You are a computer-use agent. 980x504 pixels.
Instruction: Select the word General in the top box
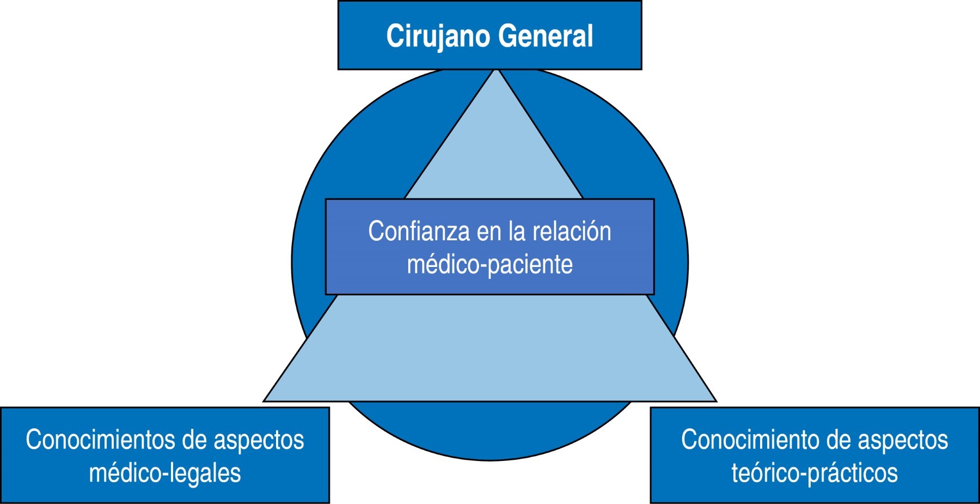546,37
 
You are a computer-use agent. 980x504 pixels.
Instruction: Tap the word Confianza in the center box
419,232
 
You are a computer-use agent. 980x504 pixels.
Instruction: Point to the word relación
572,232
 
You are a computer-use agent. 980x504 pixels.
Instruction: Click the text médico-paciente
489,265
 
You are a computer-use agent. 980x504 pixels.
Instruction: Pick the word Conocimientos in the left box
100,440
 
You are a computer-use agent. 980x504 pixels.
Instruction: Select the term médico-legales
165,473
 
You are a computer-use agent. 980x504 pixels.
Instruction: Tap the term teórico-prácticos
814,473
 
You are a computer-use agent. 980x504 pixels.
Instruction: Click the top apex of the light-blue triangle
497,71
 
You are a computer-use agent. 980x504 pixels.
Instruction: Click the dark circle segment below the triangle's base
490,430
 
